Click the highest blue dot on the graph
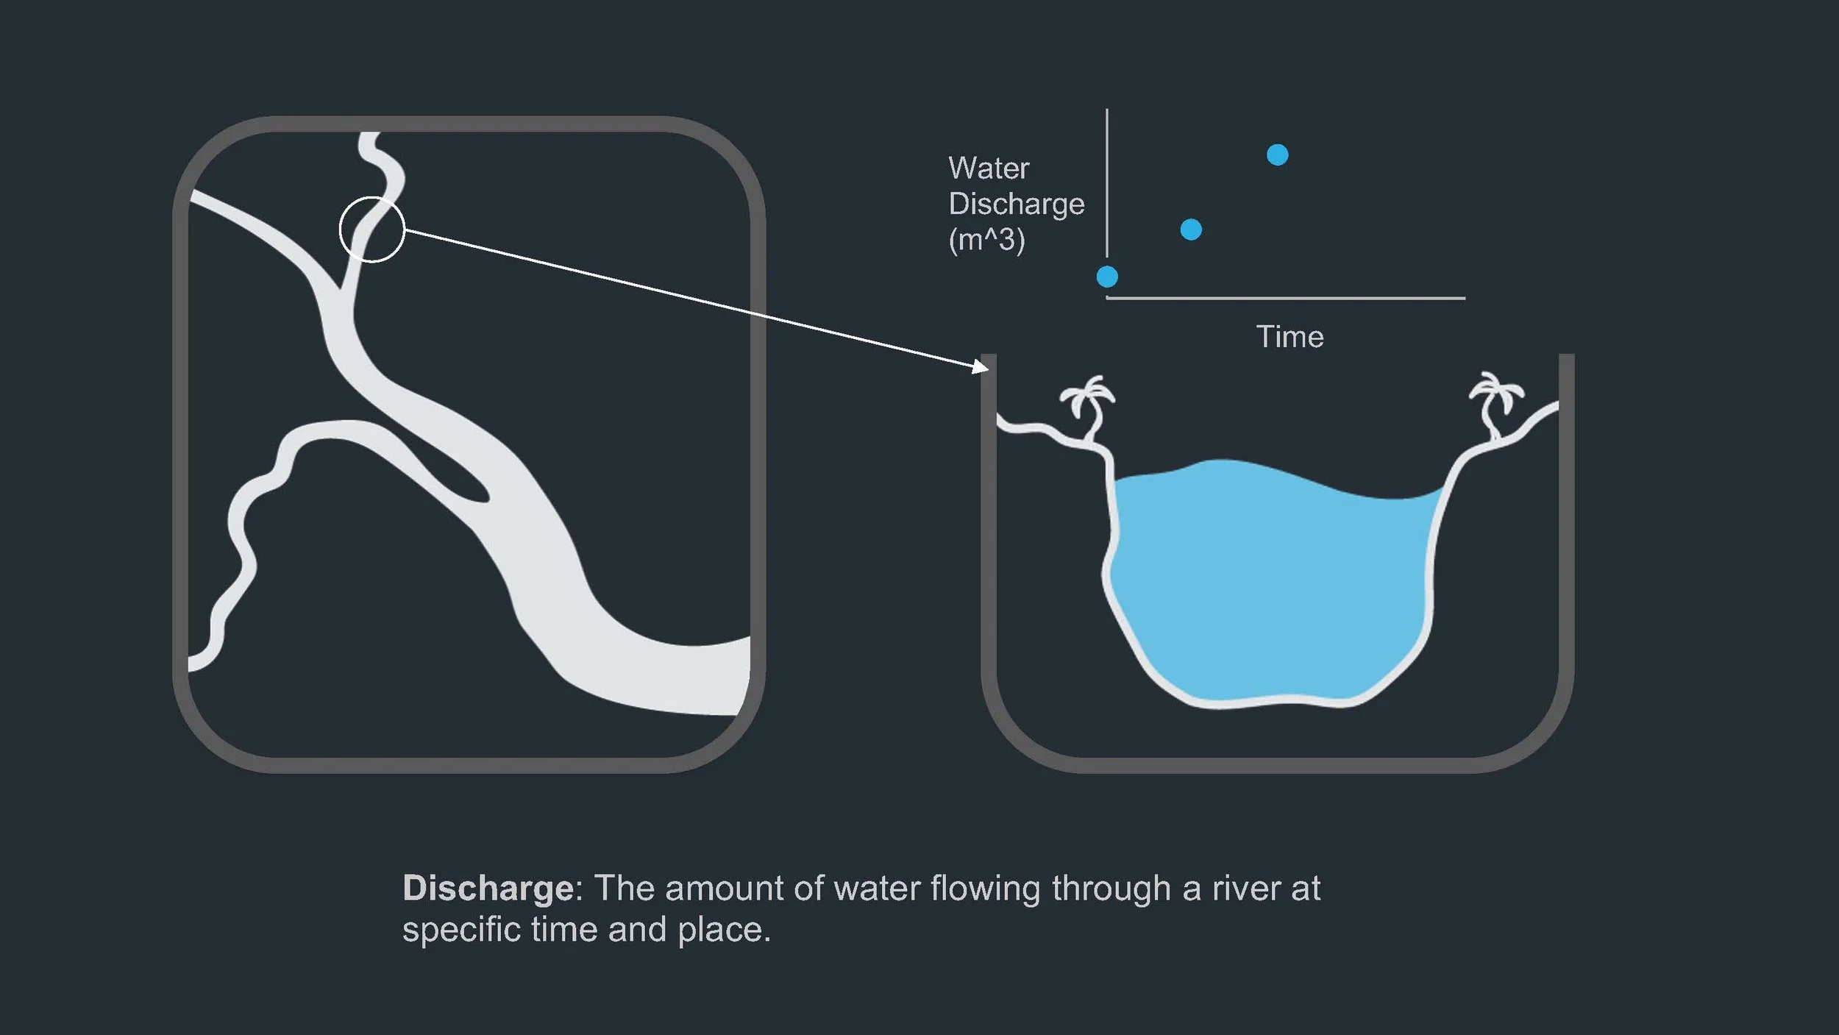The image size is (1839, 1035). (x=1277, y=155)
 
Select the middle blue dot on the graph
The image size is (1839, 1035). (x=1191, y=230)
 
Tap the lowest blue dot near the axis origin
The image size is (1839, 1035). (x=1107, y=277)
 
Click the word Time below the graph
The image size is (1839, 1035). (x=1290, y=337)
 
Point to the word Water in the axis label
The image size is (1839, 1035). (x=989, y=168)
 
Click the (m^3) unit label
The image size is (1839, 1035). (x=986, y=240)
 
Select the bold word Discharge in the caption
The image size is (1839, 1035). (x=488, y=889)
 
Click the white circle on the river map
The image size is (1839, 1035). (x=371, y=230)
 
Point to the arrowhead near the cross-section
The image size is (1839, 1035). (x=981, y=366)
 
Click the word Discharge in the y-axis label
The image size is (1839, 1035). (x=1017, y=204)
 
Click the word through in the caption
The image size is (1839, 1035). (x=1111, y=889)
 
